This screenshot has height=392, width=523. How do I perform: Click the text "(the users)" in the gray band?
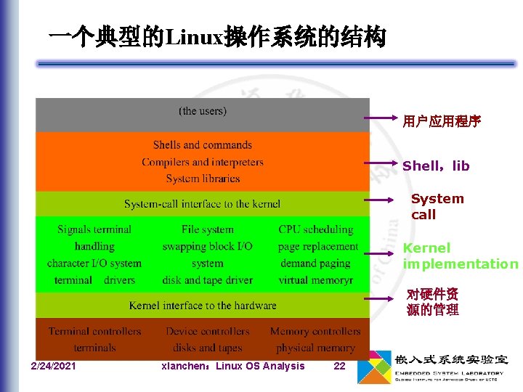(x=203, y=111)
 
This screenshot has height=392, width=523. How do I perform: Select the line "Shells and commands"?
(x=203, y=145)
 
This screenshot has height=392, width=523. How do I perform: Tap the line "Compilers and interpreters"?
(x=203, y=162)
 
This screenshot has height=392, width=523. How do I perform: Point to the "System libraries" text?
(x=203, y=179)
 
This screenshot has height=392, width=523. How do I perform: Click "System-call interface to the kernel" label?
(x=202, y=204)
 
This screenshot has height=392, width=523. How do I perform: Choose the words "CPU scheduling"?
(x=315, y=229)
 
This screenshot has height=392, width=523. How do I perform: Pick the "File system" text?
(x=208, y=229)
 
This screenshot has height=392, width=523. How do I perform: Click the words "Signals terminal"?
(x=94, y=229)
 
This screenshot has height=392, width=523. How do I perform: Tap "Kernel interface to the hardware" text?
(x=203, y=306)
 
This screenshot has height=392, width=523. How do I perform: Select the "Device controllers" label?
(x=208, y=331)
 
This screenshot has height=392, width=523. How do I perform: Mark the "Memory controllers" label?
(x=315, y=331)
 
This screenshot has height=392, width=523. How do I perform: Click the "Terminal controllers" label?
(x=95, y=331)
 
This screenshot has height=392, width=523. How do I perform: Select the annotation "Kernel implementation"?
(x=461, y=256)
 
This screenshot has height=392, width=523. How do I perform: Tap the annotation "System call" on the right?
(x=437, y=206)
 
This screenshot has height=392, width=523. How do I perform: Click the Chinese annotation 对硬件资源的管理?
(x=433, y=302)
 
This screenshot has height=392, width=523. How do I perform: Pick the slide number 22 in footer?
(x=339, y=366)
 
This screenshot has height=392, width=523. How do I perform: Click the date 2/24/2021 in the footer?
(x=53, y=366)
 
